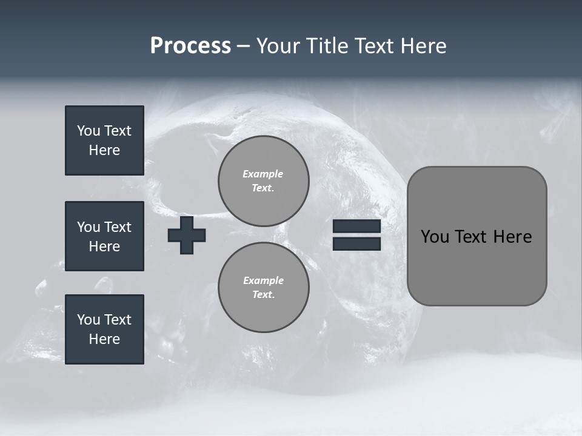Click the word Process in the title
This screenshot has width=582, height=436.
[190, 46]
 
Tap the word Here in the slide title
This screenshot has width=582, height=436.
[423, 46]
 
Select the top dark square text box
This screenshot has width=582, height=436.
[104, 140]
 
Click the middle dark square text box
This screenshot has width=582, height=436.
[104, 236]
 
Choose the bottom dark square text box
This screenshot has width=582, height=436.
[104, 329]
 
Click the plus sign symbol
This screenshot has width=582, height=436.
[187, 236]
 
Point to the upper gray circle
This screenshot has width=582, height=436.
[263, 180]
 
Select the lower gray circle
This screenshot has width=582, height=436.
[263, 287]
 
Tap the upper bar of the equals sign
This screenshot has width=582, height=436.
[356, 226]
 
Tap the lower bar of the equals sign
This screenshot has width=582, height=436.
[356, 243]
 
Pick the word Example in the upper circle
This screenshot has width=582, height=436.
[263, 174]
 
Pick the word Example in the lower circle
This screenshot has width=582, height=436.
[263, 280]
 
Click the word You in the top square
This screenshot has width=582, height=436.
[88, 131]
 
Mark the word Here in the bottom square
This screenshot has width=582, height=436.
[104, 339]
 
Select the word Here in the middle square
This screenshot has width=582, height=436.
[104, 246]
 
